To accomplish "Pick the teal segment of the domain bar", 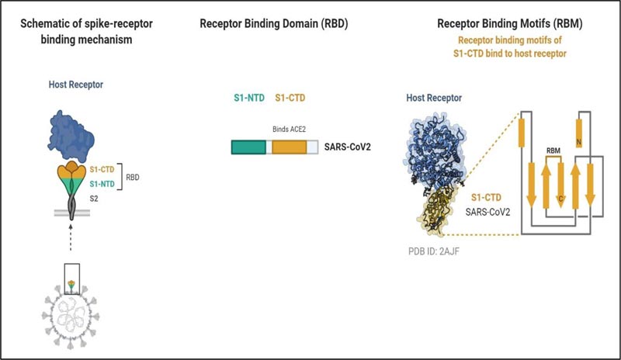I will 248,147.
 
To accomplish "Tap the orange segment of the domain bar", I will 288,147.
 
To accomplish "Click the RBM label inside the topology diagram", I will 553,151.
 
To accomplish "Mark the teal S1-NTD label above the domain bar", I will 248,99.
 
